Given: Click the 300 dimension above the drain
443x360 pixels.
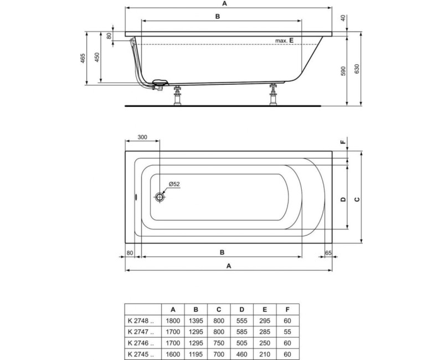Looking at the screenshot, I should (142, 137).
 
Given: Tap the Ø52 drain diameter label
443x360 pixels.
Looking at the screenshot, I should (174, 184).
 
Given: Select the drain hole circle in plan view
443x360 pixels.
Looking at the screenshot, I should (161, 197).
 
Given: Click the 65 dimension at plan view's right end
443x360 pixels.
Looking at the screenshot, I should (328, 253).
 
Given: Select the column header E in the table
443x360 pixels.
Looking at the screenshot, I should (264, 310).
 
